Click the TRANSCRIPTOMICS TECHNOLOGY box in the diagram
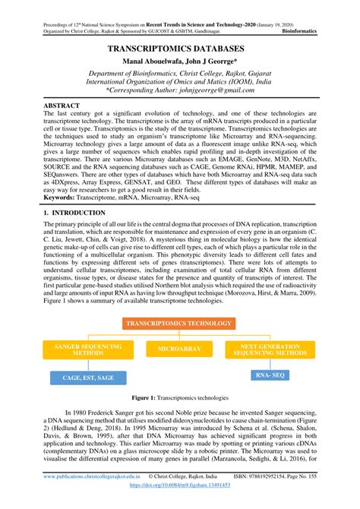click(x=179, y=324)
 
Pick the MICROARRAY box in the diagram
click(x=179, y=349)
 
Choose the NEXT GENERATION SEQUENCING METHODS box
click(x=271, y=349)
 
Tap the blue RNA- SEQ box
click(x=270, y=375)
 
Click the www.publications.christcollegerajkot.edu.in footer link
click(x=91, y=495)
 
